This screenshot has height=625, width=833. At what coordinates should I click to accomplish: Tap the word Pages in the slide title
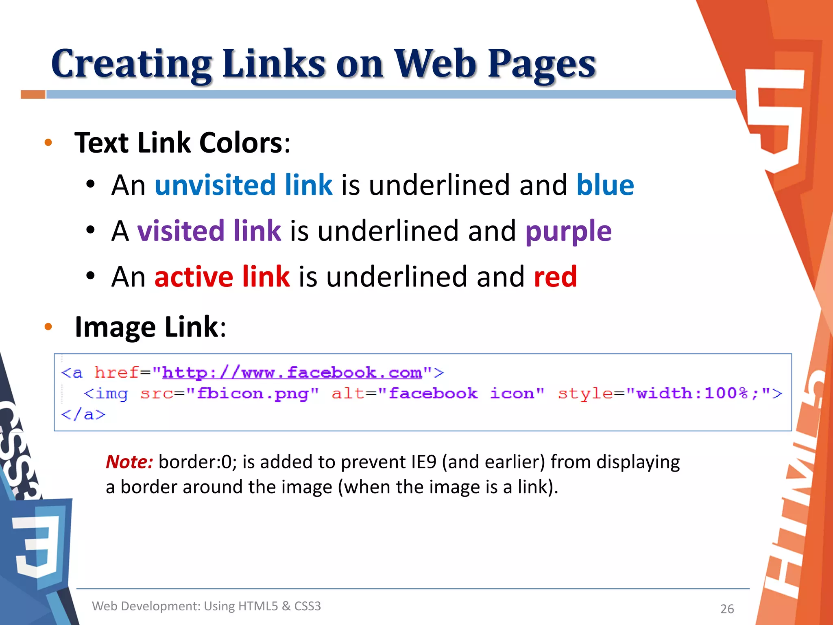click(541, 64)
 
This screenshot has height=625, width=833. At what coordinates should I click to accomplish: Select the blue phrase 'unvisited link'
click(243, 185)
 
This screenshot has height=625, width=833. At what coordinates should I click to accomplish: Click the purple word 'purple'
click(568, 231)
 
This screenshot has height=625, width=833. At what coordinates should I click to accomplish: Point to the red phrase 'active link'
click(222, 277)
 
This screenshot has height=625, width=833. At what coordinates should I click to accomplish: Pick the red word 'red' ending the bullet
click(555, 277)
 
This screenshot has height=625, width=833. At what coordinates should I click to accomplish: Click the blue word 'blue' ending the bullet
click(605, 185)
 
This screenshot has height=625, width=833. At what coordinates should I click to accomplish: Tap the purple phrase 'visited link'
click(209, 231)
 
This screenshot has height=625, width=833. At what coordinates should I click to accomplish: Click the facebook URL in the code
click(292, 372)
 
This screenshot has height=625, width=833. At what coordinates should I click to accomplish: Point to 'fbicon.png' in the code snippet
click(252, 393)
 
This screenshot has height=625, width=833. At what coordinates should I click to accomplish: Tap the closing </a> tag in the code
click(83, 415)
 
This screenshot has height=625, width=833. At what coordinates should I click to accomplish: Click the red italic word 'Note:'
click(129, 462)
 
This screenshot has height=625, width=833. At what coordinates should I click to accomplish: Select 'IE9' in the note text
click(423, 462)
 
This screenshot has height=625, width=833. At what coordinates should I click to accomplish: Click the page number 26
click(727, 609)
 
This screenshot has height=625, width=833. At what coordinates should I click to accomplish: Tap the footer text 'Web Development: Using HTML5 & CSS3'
click(206, 606)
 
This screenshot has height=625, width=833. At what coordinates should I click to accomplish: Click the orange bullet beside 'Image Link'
click(48, 326)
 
